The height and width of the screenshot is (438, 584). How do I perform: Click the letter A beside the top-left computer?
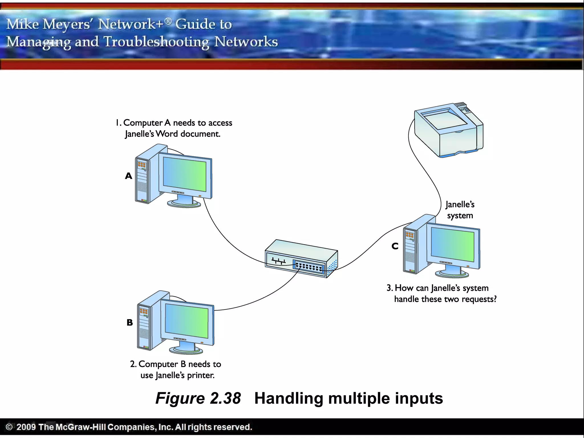click(129, 176)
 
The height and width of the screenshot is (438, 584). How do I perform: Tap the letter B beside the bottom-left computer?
click(130, 323)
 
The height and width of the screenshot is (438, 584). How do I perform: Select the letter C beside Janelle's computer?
click(395, 246)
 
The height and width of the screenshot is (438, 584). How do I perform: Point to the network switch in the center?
click(301, 258)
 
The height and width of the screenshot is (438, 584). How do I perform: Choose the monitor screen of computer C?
click(453, 246)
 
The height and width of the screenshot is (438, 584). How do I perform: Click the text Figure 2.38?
click(198, 398)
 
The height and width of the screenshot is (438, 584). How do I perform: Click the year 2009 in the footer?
click(26, 427)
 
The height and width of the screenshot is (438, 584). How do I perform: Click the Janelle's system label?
click(460, 210)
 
